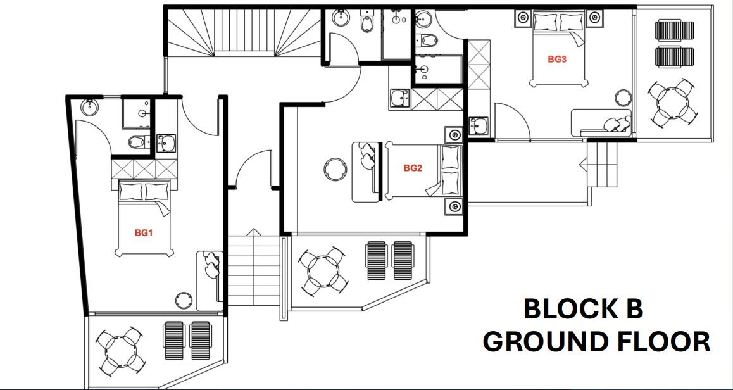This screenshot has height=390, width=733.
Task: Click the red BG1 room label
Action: coord(144,232)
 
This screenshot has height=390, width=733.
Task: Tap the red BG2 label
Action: coord(413,168)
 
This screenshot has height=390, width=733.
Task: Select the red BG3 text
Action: coord(556,59)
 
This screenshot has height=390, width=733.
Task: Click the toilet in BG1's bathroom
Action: coord(137,142)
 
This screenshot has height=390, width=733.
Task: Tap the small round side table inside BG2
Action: coord(333,169)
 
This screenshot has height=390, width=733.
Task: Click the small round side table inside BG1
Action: coord(184,299)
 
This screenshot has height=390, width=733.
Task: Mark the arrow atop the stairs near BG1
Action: coord(253,232)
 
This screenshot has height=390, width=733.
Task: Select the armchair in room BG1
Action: coord(211,264)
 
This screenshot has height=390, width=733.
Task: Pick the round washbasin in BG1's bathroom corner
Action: coord(89,107)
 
